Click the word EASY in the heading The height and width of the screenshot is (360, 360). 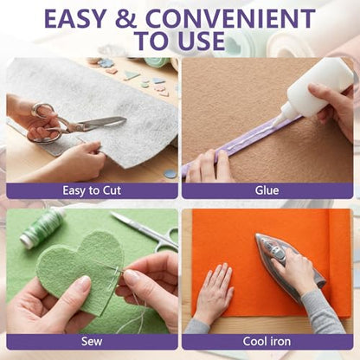click(x=75, y=19)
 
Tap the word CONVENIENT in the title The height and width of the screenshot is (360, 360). click(x=230, y=19)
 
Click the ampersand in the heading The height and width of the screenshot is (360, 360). click(x=126, y=19)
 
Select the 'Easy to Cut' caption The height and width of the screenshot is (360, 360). click(x=92, y=190)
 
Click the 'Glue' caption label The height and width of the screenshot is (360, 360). click(x=267, y=190)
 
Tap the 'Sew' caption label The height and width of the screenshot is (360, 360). click(x=92, y=342)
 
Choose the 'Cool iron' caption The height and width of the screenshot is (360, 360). click(x=267, y=342)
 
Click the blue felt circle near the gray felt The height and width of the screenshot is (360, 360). click(x=170, y=174)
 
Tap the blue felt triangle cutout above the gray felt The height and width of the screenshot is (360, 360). click(x=132, y=76)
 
